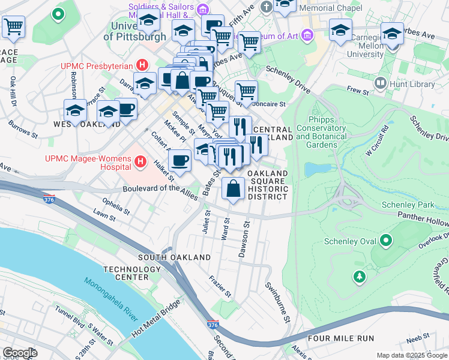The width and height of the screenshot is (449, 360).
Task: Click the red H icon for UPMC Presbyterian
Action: [x=142, y=65]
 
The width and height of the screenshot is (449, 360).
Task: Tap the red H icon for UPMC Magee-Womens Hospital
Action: [x=140, y=161]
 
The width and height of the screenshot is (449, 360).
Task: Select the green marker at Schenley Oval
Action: [x=385, y=241]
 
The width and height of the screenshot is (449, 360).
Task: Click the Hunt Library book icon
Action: [x=379, y=83]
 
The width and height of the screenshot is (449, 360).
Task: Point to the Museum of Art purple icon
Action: [x=307, y=35]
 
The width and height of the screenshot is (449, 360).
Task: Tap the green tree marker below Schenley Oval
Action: [x=359, y=277]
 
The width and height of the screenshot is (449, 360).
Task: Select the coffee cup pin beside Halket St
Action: [x=179, y=160]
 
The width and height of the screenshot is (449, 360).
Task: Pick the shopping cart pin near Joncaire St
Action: [x=246, y=91]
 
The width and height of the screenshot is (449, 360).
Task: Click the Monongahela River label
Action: [x=110, y=306]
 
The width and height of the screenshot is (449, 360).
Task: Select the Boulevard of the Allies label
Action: [x=161, y=188]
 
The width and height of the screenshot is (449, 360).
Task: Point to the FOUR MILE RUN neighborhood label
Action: [x=333, y=338]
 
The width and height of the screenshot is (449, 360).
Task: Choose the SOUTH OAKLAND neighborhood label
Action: [x=174, y=257]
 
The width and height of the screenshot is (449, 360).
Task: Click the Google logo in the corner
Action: [x=20, y=353]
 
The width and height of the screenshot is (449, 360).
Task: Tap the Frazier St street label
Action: [x=220, y=286]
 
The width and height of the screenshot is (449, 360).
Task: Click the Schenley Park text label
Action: [x=408, y=205]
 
